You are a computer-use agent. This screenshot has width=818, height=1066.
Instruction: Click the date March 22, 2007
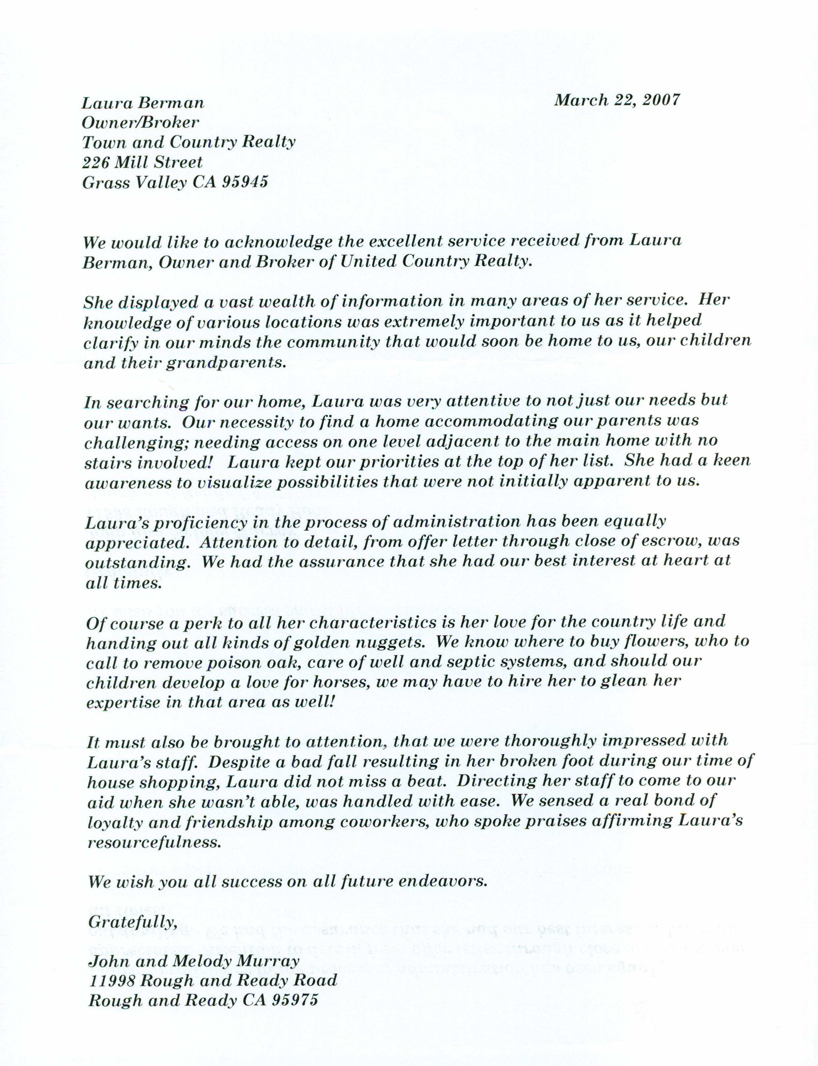click(616, 100)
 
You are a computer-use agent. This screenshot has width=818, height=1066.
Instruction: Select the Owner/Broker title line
click(140, 122)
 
